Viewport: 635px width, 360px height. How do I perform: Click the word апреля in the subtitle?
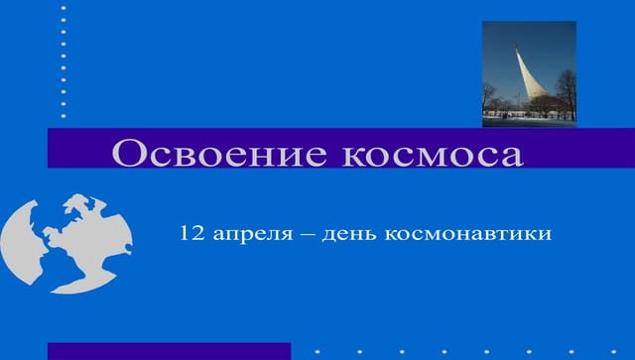(x=250, y=236)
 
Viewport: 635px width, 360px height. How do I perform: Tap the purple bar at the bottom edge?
(x=169, y=351)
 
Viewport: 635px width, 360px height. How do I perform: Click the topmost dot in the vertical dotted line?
(x=63, y=7)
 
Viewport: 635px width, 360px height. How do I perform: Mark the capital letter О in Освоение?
(x=128, y=154)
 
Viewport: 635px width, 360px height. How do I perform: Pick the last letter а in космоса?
(x=511, y=156)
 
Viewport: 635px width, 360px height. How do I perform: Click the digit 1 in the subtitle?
(x=186, y=235)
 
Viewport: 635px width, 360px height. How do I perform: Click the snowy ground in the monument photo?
(x=529, y=121)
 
